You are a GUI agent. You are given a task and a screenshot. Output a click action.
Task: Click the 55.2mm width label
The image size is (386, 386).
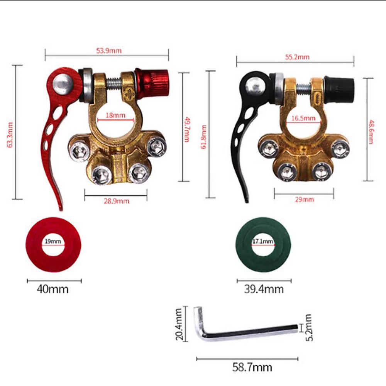pyautogui.click(x=297, y=57)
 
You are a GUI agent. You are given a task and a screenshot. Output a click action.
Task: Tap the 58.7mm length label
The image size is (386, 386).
pyautogui.click(x=252, y=367)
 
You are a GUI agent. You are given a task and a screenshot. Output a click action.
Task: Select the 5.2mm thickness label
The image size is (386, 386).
pyautogui.click(x=308, y=327)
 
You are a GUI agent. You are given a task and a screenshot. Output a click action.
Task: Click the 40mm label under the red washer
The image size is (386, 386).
pyautogui.click(x=53, y=289)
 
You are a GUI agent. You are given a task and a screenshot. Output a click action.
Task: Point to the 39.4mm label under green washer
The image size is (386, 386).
pyautogui.click(x=264, y=289)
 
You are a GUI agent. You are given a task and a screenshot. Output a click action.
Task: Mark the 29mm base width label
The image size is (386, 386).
pyautogui.click(x=304, y=200)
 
